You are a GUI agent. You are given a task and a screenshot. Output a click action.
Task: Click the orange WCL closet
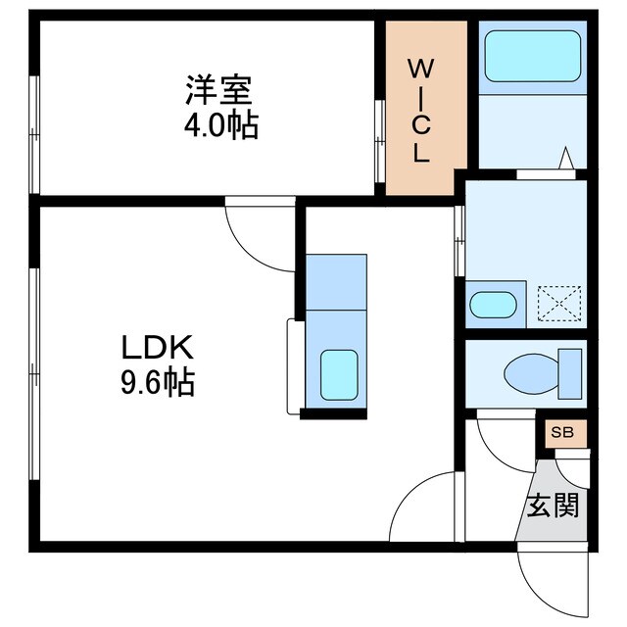click(420, 108)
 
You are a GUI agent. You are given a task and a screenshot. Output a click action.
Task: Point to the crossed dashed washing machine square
click(559, 303)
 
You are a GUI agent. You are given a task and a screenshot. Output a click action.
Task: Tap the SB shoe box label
click(561, 433)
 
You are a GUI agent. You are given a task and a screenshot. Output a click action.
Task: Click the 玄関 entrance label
click(554, 506)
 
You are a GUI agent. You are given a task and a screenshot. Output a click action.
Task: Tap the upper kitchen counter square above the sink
click(336, 281)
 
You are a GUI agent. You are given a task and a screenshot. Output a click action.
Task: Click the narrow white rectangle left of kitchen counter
click(294, 365)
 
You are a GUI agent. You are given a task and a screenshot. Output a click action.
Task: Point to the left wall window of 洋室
click(35, 132)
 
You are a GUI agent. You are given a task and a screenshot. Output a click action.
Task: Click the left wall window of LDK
click(35, 372)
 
